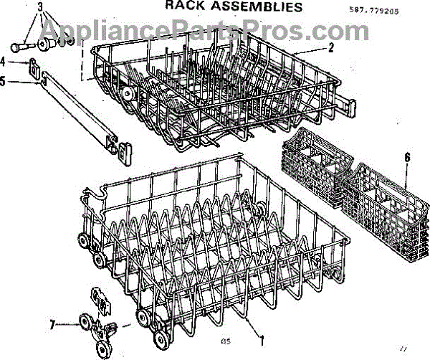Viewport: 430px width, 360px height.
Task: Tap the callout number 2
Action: coord(331,49)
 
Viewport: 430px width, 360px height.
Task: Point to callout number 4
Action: coord(4,62)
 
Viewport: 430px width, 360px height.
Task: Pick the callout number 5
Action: coord(4,82)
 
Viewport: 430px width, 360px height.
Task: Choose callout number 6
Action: coord(407,156)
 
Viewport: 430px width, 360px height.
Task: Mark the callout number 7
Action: coord(52,324)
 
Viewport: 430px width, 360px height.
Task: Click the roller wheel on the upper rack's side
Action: coord(129,94)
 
